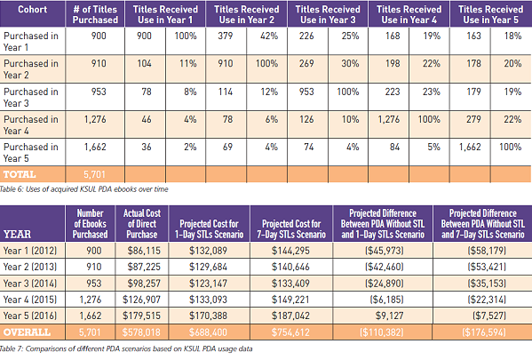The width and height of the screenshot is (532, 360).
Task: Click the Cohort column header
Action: point(33,10)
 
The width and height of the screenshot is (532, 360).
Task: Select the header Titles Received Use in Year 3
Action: point(328,14)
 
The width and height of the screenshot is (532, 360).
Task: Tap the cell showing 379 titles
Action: point(226,36)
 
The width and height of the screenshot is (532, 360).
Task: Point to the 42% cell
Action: point(269,36)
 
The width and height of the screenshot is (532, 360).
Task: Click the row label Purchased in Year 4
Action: point(31,124)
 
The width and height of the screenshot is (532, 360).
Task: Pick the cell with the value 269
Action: point(306,63)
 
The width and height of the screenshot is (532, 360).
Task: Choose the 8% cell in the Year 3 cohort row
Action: point(190,92)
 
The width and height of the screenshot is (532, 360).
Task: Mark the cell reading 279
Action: point(473,119)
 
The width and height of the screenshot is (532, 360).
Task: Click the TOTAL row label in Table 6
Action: point(20,174)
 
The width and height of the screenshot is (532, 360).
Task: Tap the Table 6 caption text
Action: point(83,189)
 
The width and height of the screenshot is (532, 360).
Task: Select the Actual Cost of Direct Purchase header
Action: point(142,223)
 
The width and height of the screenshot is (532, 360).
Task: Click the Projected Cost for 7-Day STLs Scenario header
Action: point(291,229)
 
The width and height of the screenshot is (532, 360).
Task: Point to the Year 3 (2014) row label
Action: point(30,283)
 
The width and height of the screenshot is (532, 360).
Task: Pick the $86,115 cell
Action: point(144,251)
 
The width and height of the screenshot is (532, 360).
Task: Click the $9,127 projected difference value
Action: point(390,316)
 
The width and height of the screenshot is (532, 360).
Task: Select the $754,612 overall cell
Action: point(290,332)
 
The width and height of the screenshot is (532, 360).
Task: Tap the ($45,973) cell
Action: point(385,251)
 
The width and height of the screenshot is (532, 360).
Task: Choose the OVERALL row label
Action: point(27,332)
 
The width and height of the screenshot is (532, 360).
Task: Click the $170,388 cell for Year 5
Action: point(209,316)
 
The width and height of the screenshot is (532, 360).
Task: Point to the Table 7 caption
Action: point(126,348)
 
